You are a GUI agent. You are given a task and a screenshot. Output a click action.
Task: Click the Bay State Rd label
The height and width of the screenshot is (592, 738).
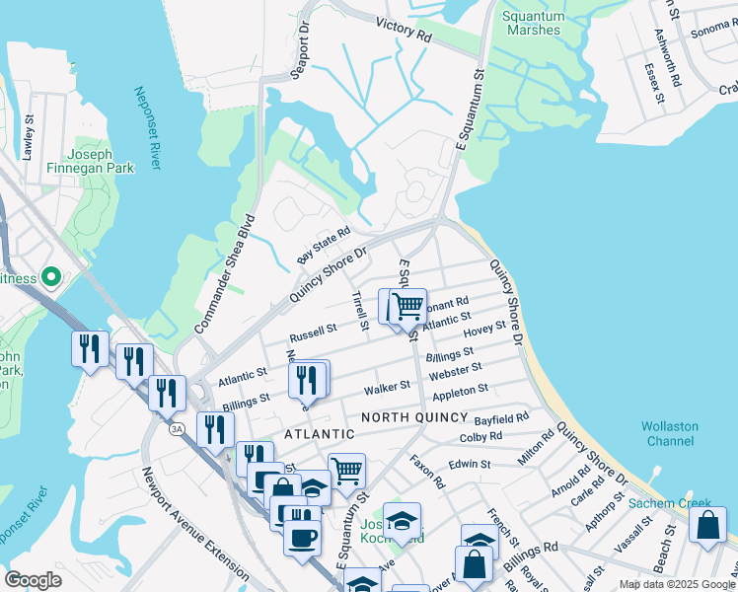[x=324, y=246]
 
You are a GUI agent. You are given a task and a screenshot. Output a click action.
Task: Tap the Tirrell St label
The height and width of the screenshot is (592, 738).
[x=359, y=311]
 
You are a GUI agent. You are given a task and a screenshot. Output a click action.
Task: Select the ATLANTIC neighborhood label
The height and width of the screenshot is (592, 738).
[x=319, y=434]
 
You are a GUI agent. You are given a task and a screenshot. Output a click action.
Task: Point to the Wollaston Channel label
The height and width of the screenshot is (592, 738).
[x=670, y=433]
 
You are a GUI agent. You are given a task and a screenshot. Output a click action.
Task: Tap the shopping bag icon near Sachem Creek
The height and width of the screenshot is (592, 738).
[x=707, y=525]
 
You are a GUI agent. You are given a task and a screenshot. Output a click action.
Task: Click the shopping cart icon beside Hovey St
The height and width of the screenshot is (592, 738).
[x=407, y=307]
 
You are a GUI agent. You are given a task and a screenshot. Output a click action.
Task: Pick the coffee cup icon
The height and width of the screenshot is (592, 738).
[x=302, y=537]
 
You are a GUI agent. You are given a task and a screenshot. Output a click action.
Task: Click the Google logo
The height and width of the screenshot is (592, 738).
[x=34, y=579]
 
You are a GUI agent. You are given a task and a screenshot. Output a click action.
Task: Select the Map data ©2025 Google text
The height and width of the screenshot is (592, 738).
[x=677, y=584]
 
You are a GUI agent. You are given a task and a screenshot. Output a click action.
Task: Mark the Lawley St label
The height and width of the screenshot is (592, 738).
[x=29, y=137]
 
